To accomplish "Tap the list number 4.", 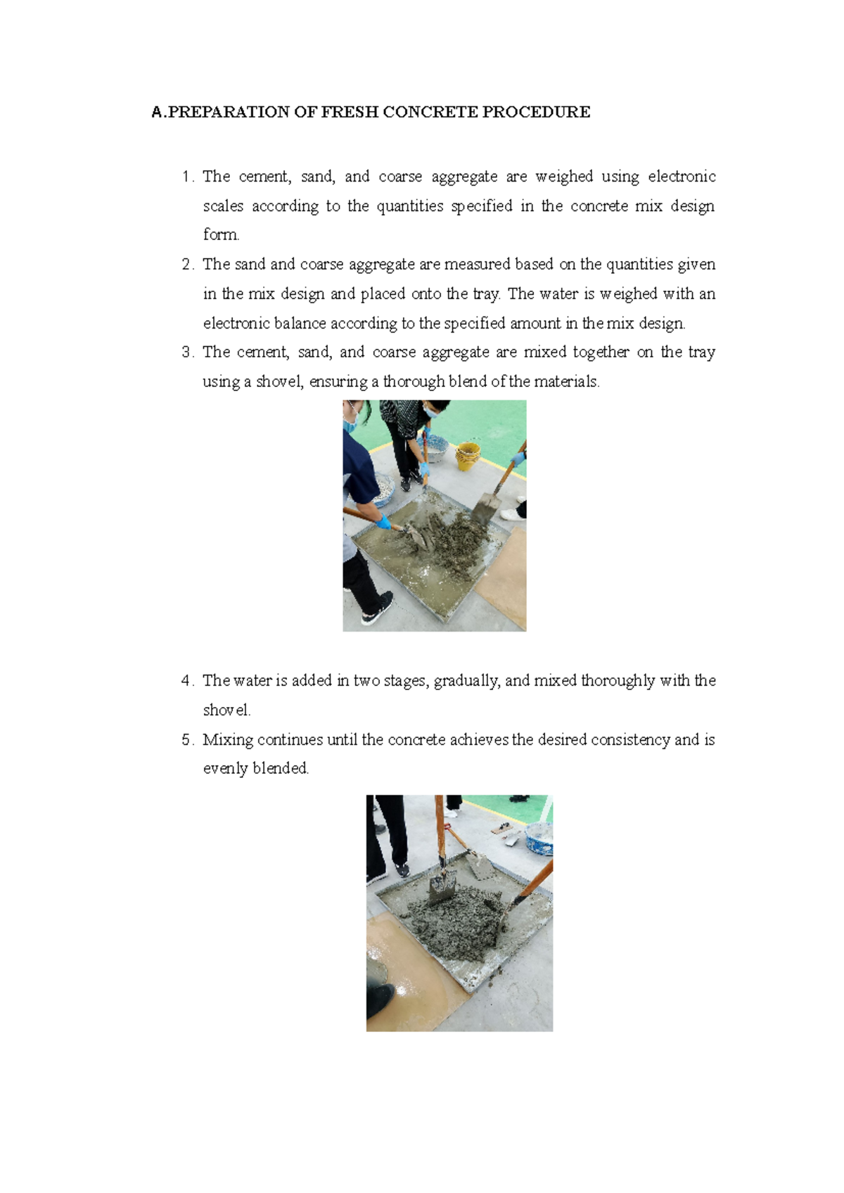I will pos(186,681).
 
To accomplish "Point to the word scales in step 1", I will pos(223,206).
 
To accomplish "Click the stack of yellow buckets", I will pos(468,455).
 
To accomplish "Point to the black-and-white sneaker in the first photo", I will pos(377,608).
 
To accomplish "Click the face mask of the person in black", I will pos(431,412).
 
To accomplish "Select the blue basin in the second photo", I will pos(540,837).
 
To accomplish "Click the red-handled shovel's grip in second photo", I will pos(440,823).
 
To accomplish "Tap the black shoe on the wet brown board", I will pos(381,995).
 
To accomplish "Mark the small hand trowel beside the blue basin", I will pos(505,829).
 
